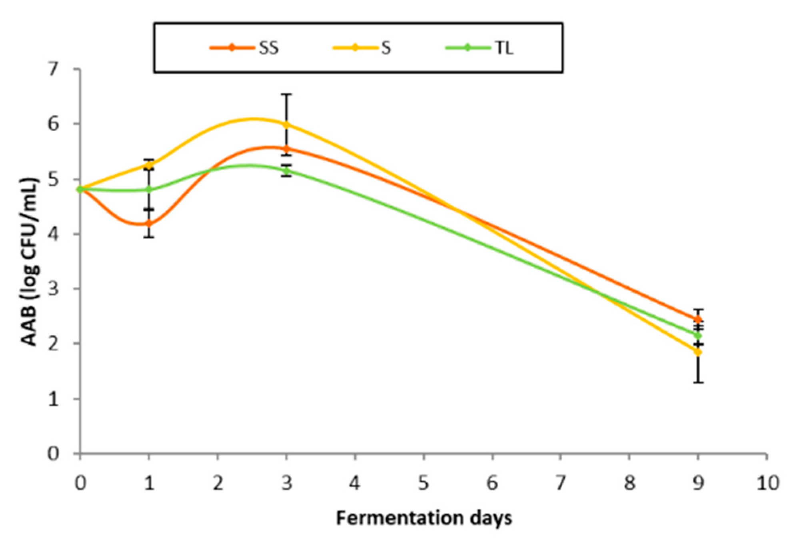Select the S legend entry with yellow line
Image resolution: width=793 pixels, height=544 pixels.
tap(362, 48)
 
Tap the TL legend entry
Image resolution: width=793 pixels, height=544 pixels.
tap(480, 48)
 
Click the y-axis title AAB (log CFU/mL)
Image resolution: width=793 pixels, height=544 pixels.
tap(30, 262)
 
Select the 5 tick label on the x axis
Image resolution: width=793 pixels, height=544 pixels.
tap(423, 483)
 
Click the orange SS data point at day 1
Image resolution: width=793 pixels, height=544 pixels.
tap(149, 224)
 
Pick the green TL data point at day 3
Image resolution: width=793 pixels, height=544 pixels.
tap(286, 171)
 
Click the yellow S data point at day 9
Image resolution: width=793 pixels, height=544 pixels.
tap(698, 352)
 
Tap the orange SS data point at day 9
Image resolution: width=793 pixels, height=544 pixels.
tap(698, 320)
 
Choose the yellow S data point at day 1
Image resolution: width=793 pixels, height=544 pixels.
tap(149, 165)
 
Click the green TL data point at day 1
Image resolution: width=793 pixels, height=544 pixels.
tap(149, 189)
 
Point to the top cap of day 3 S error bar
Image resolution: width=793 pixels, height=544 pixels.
tap(286, 94)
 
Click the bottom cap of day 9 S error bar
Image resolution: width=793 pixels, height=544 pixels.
tap(698, 383)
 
